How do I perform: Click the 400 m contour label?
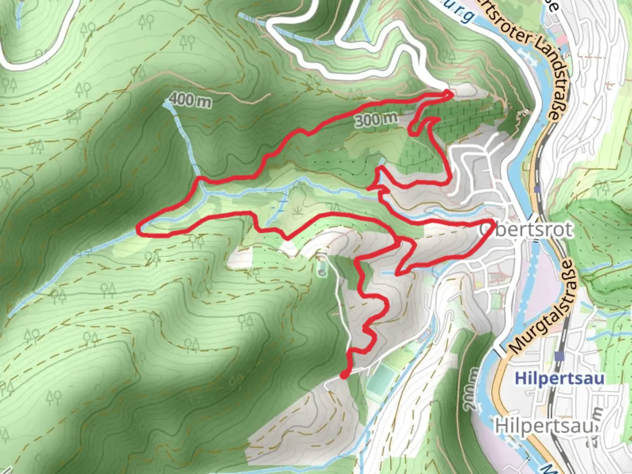[x=190, y=101]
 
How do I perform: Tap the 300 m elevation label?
[x=376, y=119]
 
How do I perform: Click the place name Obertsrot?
[x=527, y=230]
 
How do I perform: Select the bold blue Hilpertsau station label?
[x=559, y=378]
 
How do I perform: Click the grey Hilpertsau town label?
[x=544, y=425]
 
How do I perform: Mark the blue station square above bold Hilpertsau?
[x=559, y=356]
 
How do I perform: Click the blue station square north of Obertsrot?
[x=538, y=190]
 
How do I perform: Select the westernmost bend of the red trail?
[x=139, y=228]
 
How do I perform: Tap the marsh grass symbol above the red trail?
[x=298, y=211]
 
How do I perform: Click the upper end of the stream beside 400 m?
[x=166, y=104]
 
